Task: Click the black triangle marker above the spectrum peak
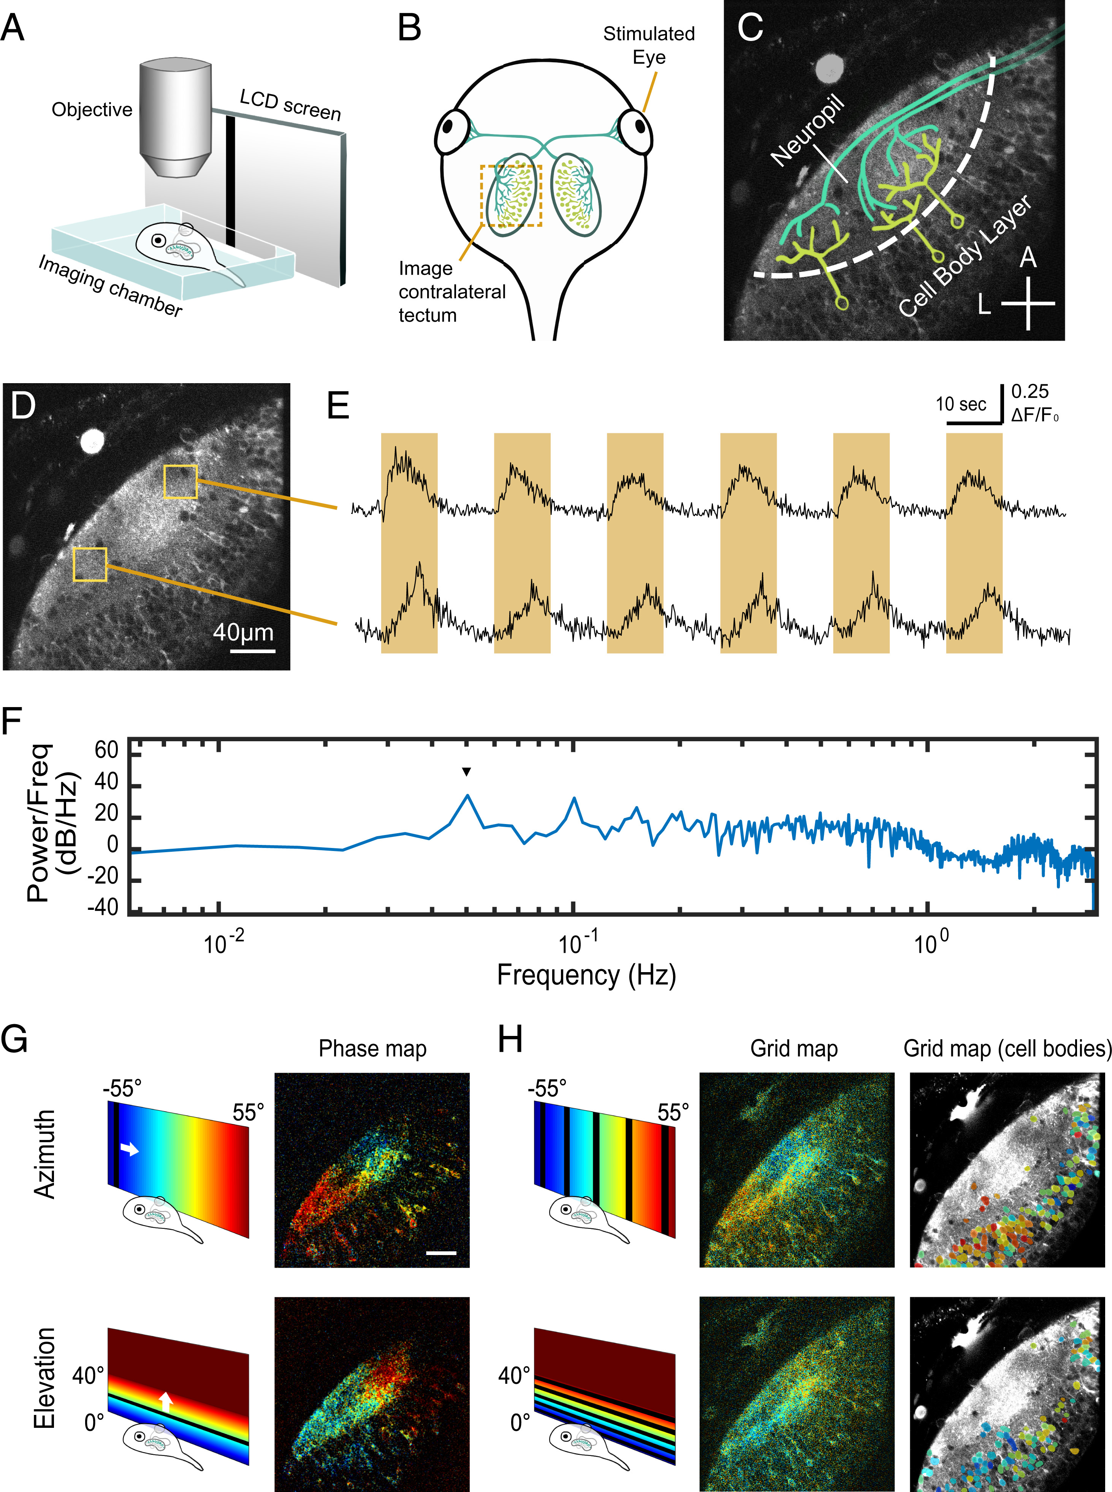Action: tap(466, 772)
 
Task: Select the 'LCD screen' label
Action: tap(290, 106)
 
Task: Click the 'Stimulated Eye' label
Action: tap(648, 45)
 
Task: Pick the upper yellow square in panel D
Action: tap(181, 481)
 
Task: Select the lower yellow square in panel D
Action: tap(90, 564)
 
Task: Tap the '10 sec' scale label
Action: tap(960, 404)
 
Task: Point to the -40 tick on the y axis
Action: tap(103, 908)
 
